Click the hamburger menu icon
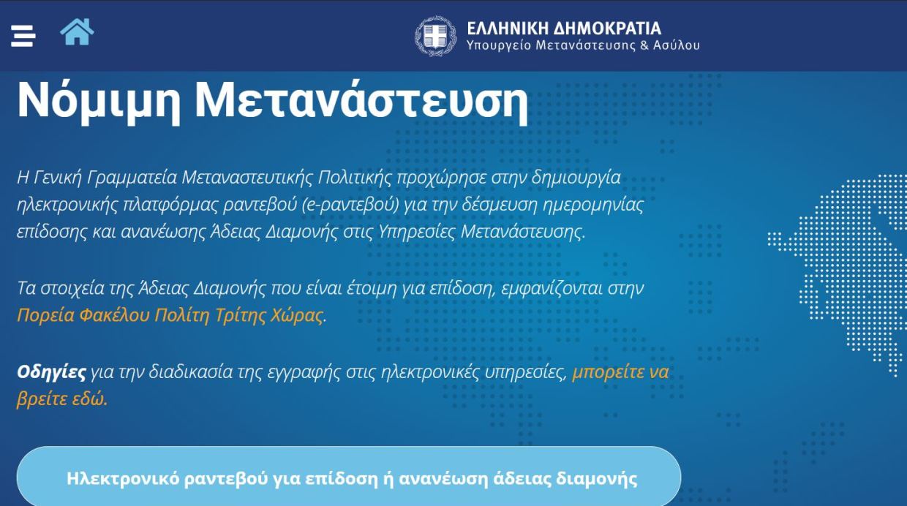click(x=23, y=36)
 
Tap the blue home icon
click(x=77, y=32)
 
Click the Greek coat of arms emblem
click(x=436, y=36)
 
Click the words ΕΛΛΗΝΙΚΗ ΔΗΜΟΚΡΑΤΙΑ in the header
click(x=564, y=29)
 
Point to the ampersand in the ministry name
click(x=644, y=45)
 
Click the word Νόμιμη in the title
click(x=99, y=101)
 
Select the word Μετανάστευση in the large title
click(x=361, y=101)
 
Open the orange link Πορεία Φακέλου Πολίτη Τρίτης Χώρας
click(x=170, y=315)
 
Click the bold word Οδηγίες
click(x=51, y=372)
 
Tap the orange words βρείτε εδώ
click(x=62, y=399)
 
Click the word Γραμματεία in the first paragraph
click(x=132, y=178)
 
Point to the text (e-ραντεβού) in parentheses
click(x=351, y=205)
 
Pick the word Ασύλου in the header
click(x=676, y=45)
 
